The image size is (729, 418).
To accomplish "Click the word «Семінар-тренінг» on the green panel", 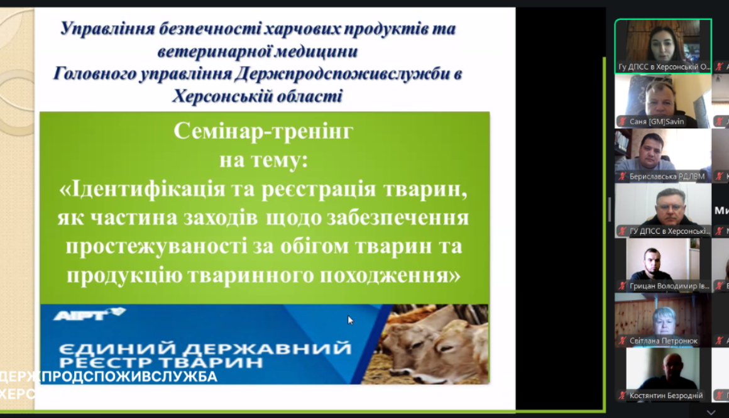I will [x=263, y=131].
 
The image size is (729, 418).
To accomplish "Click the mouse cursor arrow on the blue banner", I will [x=351, y=320].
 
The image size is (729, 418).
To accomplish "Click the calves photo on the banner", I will [x=434, y=343].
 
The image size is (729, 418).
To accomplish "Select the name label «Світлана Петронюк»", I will [x=663, y=341].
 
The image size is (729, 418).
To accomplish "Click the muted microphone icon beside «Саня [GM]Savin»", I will [x=622, y=121].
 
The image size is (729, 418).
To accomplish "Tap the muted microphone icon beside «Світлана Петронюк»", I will [x=622, y=341].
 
